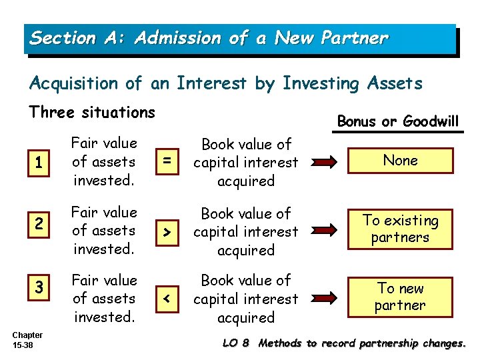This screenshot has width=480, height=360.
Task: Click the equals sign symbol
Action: click(x=167, y=162)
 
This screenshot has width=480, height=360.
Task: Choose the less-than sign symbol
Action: click(x=167, y=299)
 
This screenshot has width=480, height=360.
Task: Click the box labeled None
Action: click(x=400, y=161)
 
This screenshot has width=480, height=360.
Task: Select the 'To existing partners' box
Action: click(x=400, y=229)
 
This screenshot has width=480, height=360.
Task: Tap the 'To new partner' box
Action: click(x=400, y=297)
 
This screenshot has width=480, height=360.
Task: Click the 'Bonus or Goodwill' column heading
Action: click(x=398, y=121)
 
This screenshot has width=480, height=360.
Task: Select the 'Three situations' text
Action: click(x=92, y=112)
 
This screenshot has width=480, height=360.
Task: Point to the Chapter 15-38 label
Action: click(x=27, y=340)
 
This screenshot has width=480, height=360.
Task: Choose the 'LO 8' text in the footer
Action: click(x=236, y=343)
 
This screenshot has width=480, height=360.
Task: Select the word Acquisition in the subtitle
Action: click(x=74, y=83)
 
